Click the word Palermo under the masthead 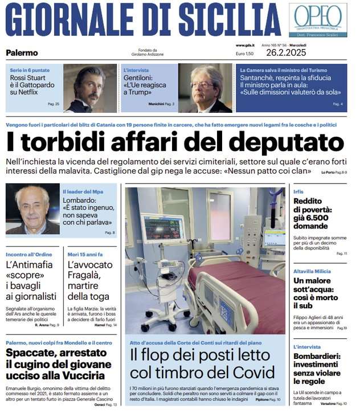tap(22, 53)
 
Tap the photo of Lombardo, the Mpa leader tap(32, 209)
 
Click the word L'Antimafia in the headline tap(29, 264)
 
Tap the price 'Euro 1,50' tap(245, 53)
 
